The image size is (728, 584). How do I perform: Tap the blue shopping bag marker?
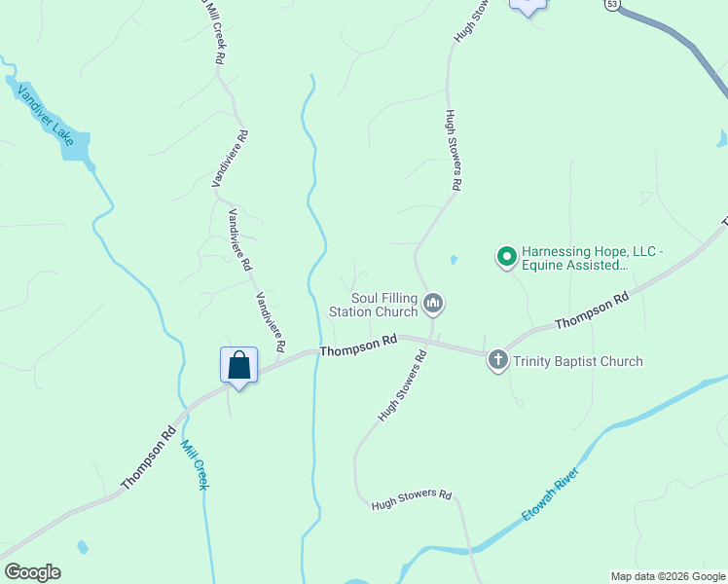click(x=238, y=366)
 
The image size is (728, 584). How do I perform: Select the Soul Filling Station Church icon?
click(x=434, y=305)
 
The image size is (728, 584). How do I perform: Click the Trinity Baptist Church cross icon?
click(x=497, y=361)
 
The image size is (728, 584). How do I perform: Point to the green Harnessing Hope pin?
click(x=506, y=257)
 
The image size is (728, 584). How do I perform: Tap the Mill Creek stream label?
click(x=195, y=464)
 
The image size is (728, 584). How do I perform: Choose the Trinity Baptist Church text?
click(x=578, y=362)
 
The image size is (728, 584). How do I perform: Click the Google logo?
click(x=32, y=572)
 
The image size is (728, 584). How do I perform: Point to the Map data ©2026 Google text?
click(x=668, y=576)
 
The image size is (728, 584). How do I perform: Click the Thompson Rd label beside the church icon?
click(x=359, y=343)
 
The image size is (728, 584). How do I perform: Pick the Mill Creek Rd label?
click(x=214, y=31)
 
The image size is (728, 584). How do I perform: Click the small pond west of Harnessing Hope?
click(x=453, y=261)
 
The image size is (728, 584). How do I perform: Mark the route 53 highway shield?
click(x=611, y=5)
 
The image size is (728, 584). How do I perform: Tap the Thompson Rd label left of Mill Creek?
click(x=148, y=457)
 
